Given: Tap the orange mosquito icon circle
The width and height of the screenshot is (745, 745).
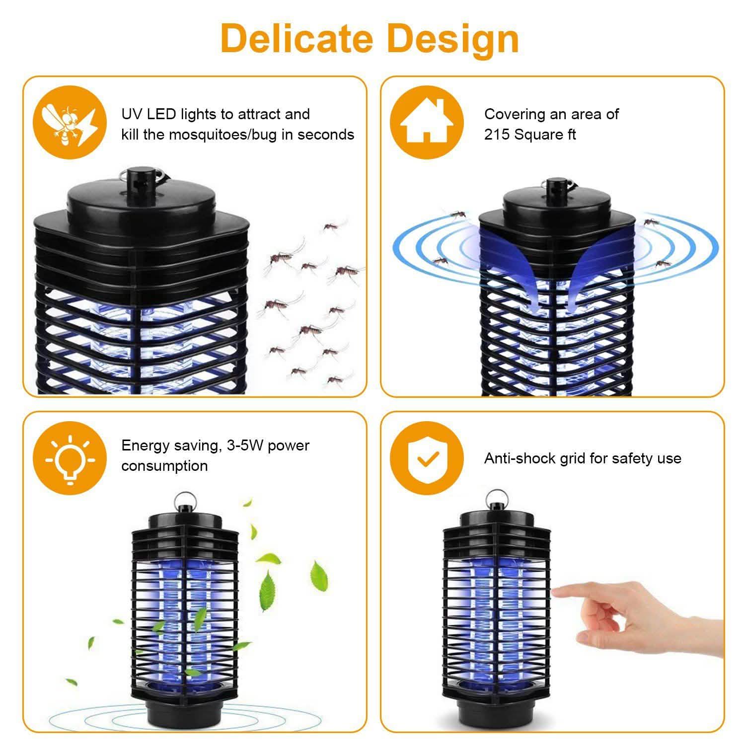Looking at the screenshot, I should coord(70,123).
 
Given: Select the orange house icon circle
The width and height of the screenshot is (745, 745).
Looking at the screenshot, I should coord(426,123).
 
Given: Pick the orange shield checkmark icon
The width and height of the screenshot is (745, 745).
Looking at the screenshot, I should coord(426,458).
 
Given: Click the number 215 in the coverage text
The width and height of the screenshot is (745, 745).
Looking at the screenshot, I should coord(497,135).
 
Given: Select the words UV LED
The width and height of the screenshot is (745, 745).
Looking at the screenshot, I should coord(149,114).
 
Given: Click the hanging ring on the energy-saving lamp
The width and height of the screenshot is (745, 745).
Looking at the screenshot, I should coord(183,498).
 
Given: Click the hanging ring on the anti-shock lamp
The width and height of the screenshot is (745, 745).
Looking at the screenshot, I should coord(495,496).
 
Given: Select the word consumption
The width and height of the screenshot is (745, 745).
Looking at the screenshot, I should coord(164,466).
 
